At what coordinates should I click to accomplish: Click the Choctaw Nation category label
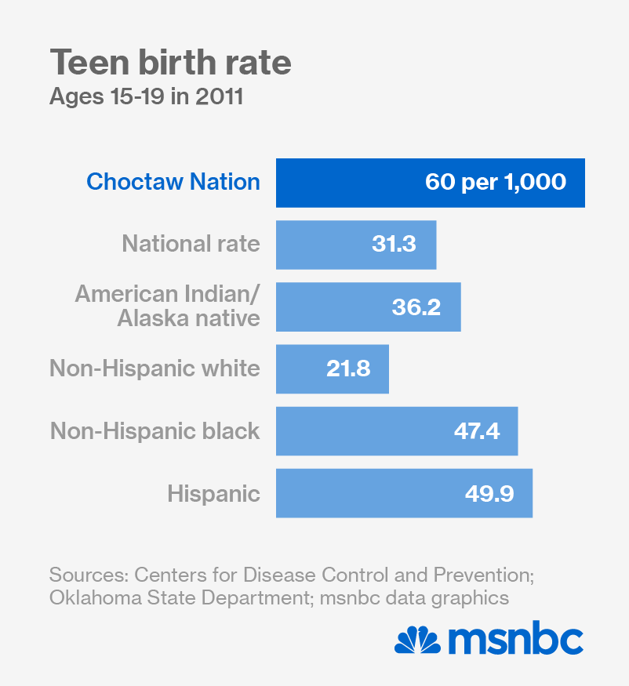173,182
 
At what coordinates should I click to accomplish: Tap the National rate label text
191,244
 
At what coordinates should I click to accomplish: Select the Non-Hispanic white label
155,368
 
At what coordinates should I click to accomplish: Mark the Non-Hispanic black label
155,430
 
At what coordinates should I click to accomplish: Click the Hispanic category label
213,493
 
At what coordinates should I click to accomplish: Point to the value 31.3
394,244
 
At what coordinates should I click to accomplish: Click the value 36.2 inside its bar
416,306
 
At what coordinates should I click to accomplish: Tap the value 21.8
348,368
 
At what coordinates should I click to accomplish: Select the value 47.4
476,430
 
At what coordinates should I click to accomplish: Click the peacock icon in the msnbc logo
418,641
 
